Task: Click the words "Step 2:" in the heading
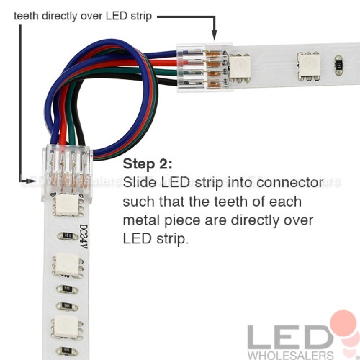[148, 164]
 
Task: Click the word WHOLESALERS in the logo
[291, 355]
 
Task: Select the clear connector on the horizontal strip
[205, 68]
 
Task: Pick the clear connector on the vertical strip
[66, 173]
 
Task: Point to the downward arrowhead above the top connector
[215, 35]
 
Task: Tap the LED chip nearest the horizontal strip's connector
[240, 66]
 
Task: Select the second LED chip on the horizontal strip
[308, 66]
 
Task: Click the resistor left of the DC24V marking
[68, 236]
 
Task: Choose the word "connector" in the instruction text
[290, 183]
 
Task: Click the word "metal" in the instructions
[141, 220]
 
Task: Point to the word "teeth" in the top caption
[26, 16]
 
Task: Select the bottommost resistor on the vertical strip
[66, 351]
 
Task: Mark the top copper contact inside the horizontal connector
[214, 54]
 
